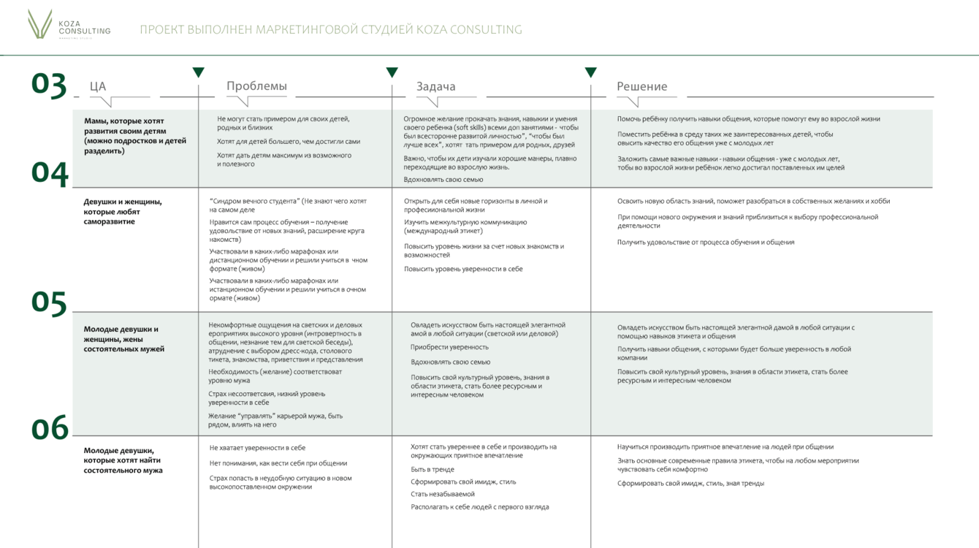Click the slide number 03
click(x=49, y=84)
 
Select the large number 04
click(x=50, y=172)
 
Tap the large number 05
click(x=49, y=302)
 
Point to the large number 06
click(x=50, y=428)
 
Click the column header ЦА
click(x=98, y=86)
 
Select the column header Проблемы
click(x=256, y=86)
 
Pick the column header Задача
click(x=435, y=86)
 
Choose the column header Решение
click(x=641, y=86)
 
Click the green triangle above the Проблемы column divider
click(x=198, y=72)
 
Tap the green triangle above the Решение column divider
click(x=590, y=72)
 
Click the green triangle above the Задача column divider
click(x=392, y=72)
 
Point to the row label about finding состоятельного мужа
click(x=123, y=460)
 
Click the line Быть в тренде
click(x=433, y=470)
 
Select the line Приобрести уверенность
click(x=449, y=347)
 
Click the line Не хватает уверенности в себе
click(x=257, y=448)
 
